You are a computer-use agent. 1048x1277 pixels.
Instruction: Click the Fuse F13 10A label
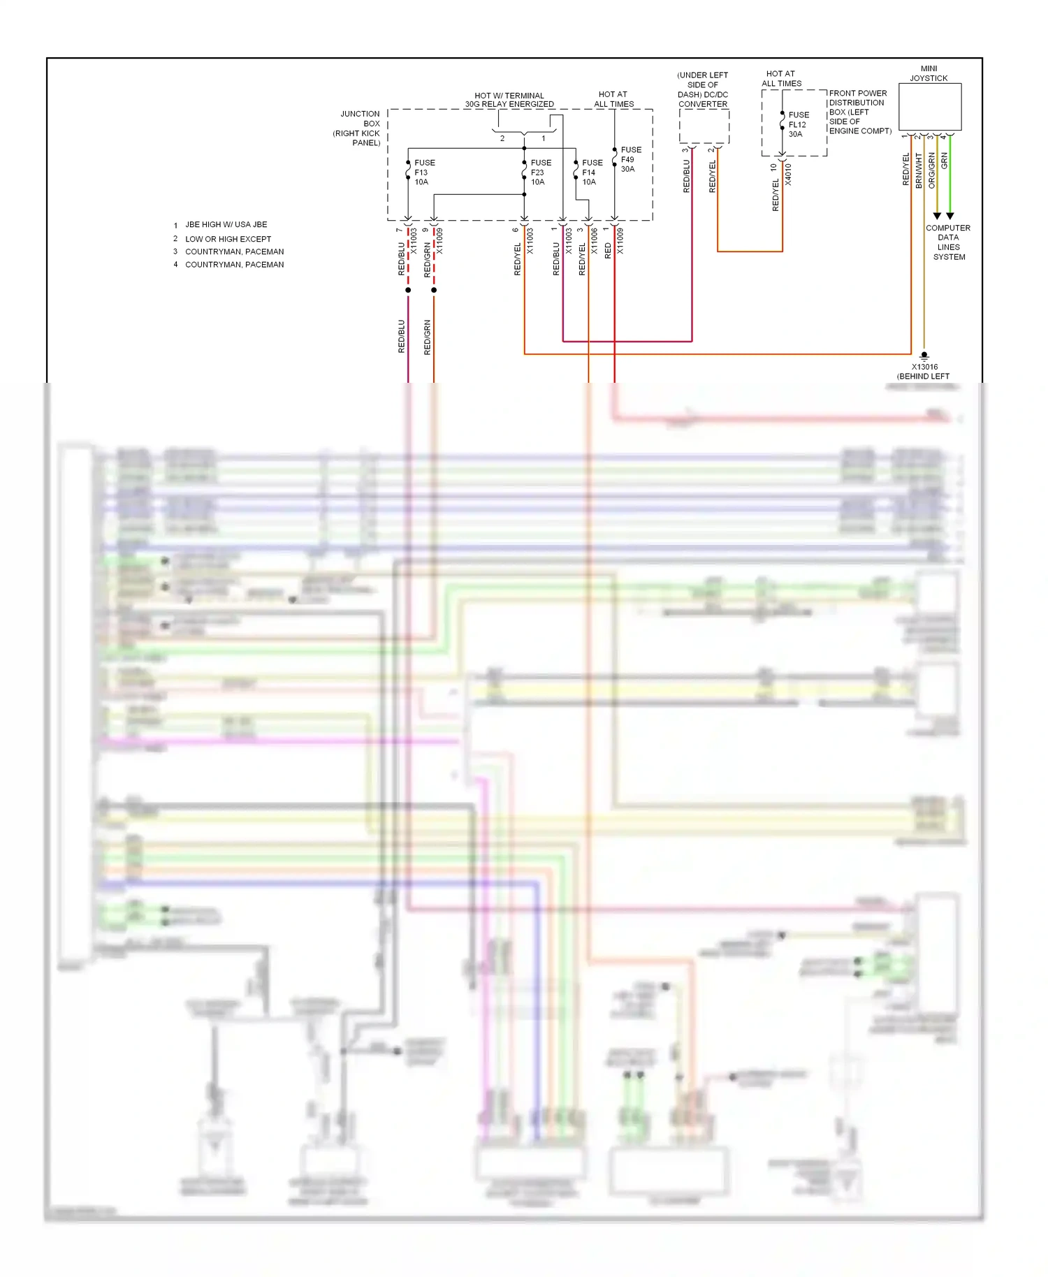(x=423, y=173)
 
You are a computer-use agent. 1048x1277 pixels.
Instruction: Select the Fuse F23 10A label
(x=540, y=173)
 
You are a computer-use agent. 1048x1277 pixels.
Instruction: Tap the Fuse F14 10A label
(x=592, y=173)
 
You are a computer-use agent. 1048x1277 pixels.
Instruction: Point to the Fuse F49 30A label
(x=630, y=159)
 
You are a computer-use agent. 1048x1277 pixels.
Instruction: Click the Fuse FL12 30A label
(x=798, y=124)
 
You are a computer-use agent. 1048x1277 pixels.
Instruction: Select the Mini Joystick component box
(x=929, y=107)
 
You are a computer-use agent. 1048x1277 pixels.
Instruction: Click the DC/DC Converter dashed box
(x=704, y=126)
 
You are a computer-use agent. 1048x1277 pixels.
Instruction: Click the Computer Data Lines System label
(x=948, y=242)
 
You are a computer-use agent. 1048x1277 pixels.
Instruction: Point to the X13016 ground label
(x=924, y=367)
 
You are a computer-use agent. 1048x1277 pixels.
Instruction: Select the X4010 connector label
(x=788, y=174)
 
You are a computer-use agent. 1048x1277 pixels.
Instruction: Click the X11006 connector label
(x=595, y=240)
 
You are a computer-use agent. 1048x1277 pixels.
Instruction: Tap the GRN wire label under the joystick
(x=945, y=161)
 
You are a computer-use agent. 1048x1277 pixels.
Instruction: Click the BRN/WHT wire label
(x=919, y=171)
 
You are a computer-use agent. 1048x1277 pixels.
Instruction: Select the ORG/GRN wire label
(x=931, y=171)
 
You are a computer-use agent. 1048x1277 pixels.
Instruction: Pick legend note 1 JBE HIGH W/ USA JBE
(x=225, y=225)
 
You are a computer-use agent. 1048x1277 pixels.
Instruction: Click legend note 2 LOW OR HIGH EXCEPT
(x=227, y=239)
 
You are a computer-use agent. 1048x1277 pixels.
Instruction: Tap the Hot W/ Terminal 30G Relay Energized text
(x=509, y=100)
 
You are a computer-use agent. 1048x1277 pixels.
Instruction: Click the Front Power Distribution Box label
(x=859, y=112)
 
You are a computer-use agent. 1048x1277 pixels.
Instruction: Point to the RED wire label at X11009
(x=607, y=251)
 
